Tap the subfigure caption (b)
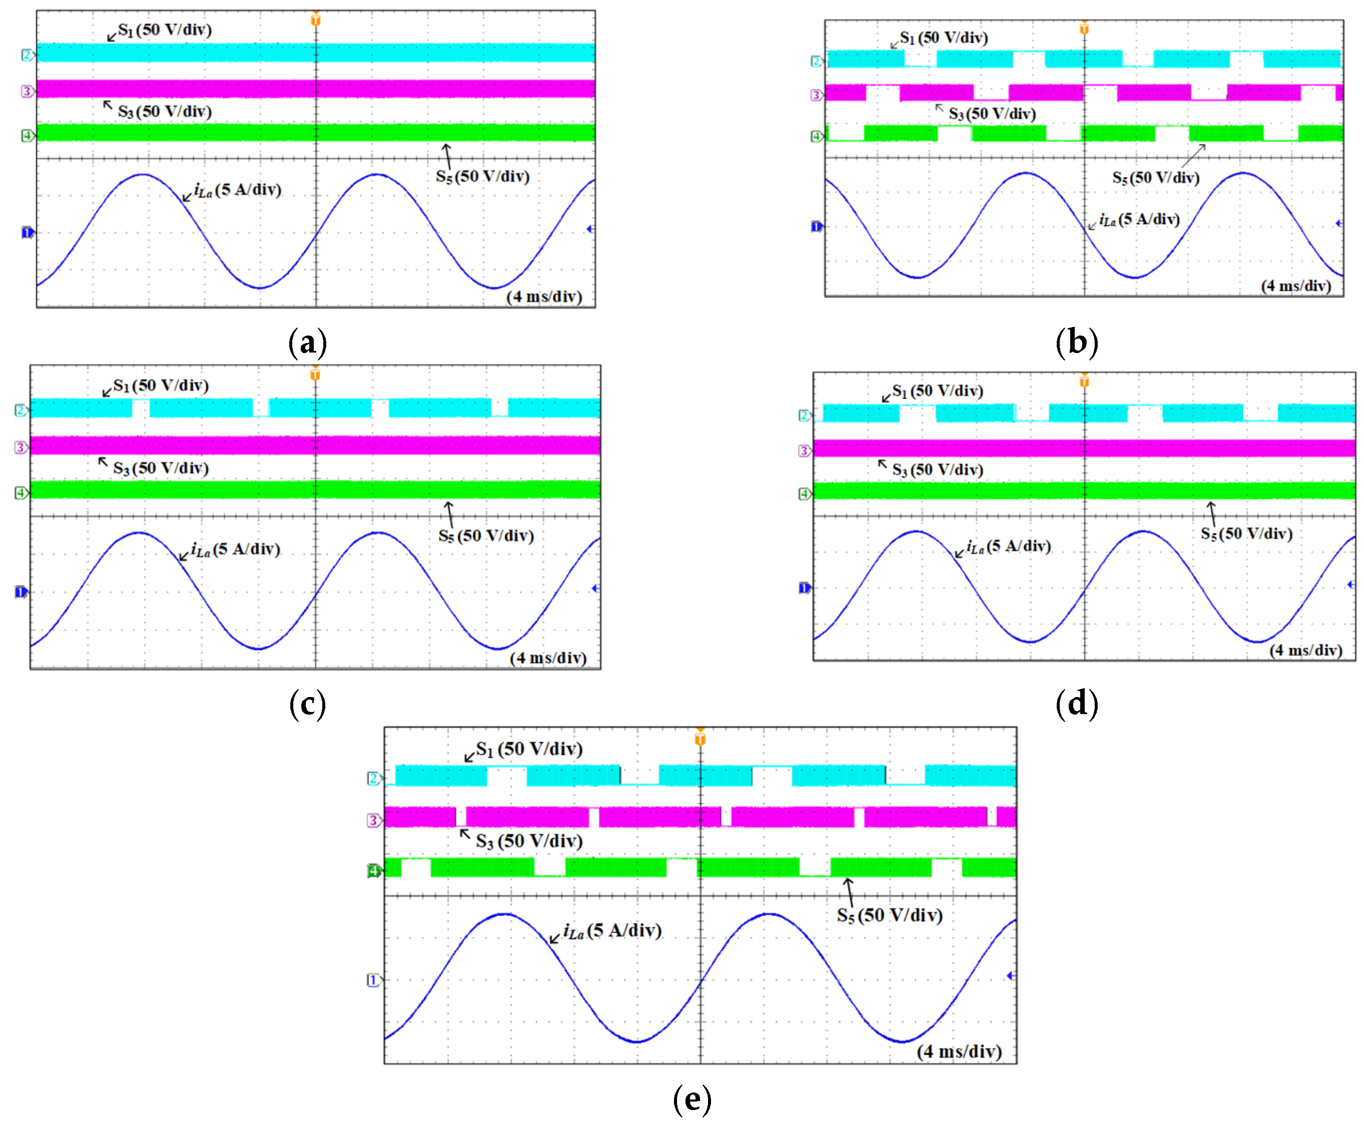pyautogui.click(x=1076, y=342)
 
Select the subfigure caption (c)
pyautogui.click(x=307, y=704)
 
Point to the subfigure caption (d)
pyautogui.click(x=1076, y=703)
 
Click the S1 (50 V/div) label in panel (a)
pyautogui.click(x=165, y=30)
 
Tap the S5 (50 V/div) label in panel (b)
pyautogui.click(x=1155, y=178)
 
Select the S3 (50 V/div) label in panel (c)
pyautogui.click(x=161, y=468)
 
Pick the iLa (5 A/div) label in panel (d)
pyautogui.click(x=1008, y=546)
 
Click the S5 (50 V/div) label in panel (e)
pyautogui.click(x=889, y=915)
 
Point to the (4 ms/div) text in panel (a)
pyautogui.click(x=544, y=296)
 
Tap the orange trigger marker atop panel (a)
pyautogui.click(x=316, y=19)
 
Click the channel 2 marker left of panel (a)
pyautogui.click(x=27, y=55)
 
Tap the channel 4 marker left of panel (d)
pyautogui.click(x=804, y=494)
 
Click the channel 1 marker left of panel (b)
pyautogui.click(x=816, y=226)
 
